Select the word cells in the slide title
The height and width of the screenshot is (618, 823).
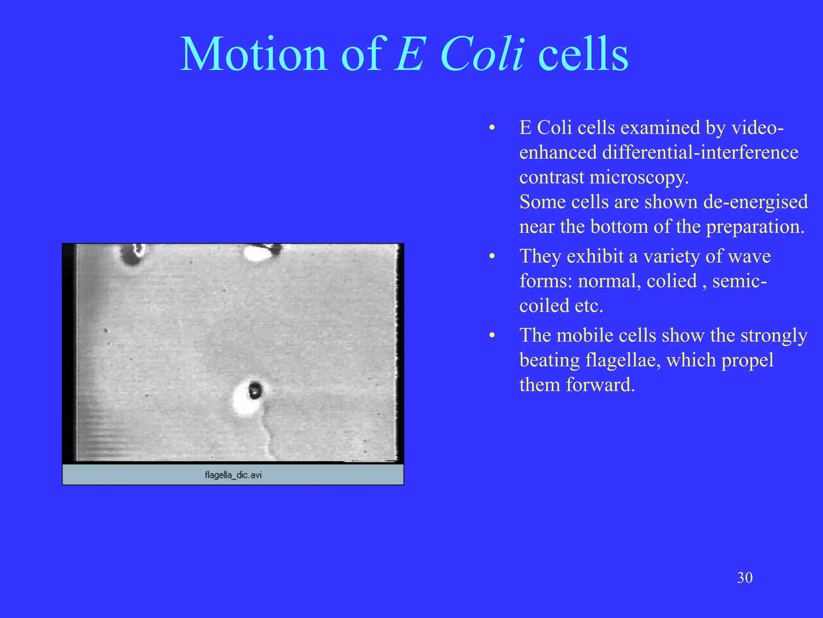(x=583, y=54)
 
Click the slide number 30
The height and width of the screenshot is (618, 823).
(x=745, y=578)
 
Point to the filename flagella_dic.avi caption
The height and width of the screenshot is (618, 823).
(x=233, y=475)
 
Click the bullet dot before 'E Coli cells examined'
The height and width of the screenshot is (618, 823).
(x=492, y=128)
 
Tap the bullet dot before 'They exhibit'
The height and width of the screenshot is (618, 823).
(x=492, y=257)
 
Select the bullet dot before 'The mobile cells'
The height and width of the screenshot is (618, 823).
(x=492, y=336)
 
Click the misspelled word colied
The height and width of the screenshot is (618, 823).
(x=672, y=281)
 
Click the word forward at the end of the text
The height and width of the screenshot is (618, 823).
(x=600, y=385)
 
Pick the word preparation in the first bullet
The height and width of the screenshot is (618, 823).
(x=755, y=227)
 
